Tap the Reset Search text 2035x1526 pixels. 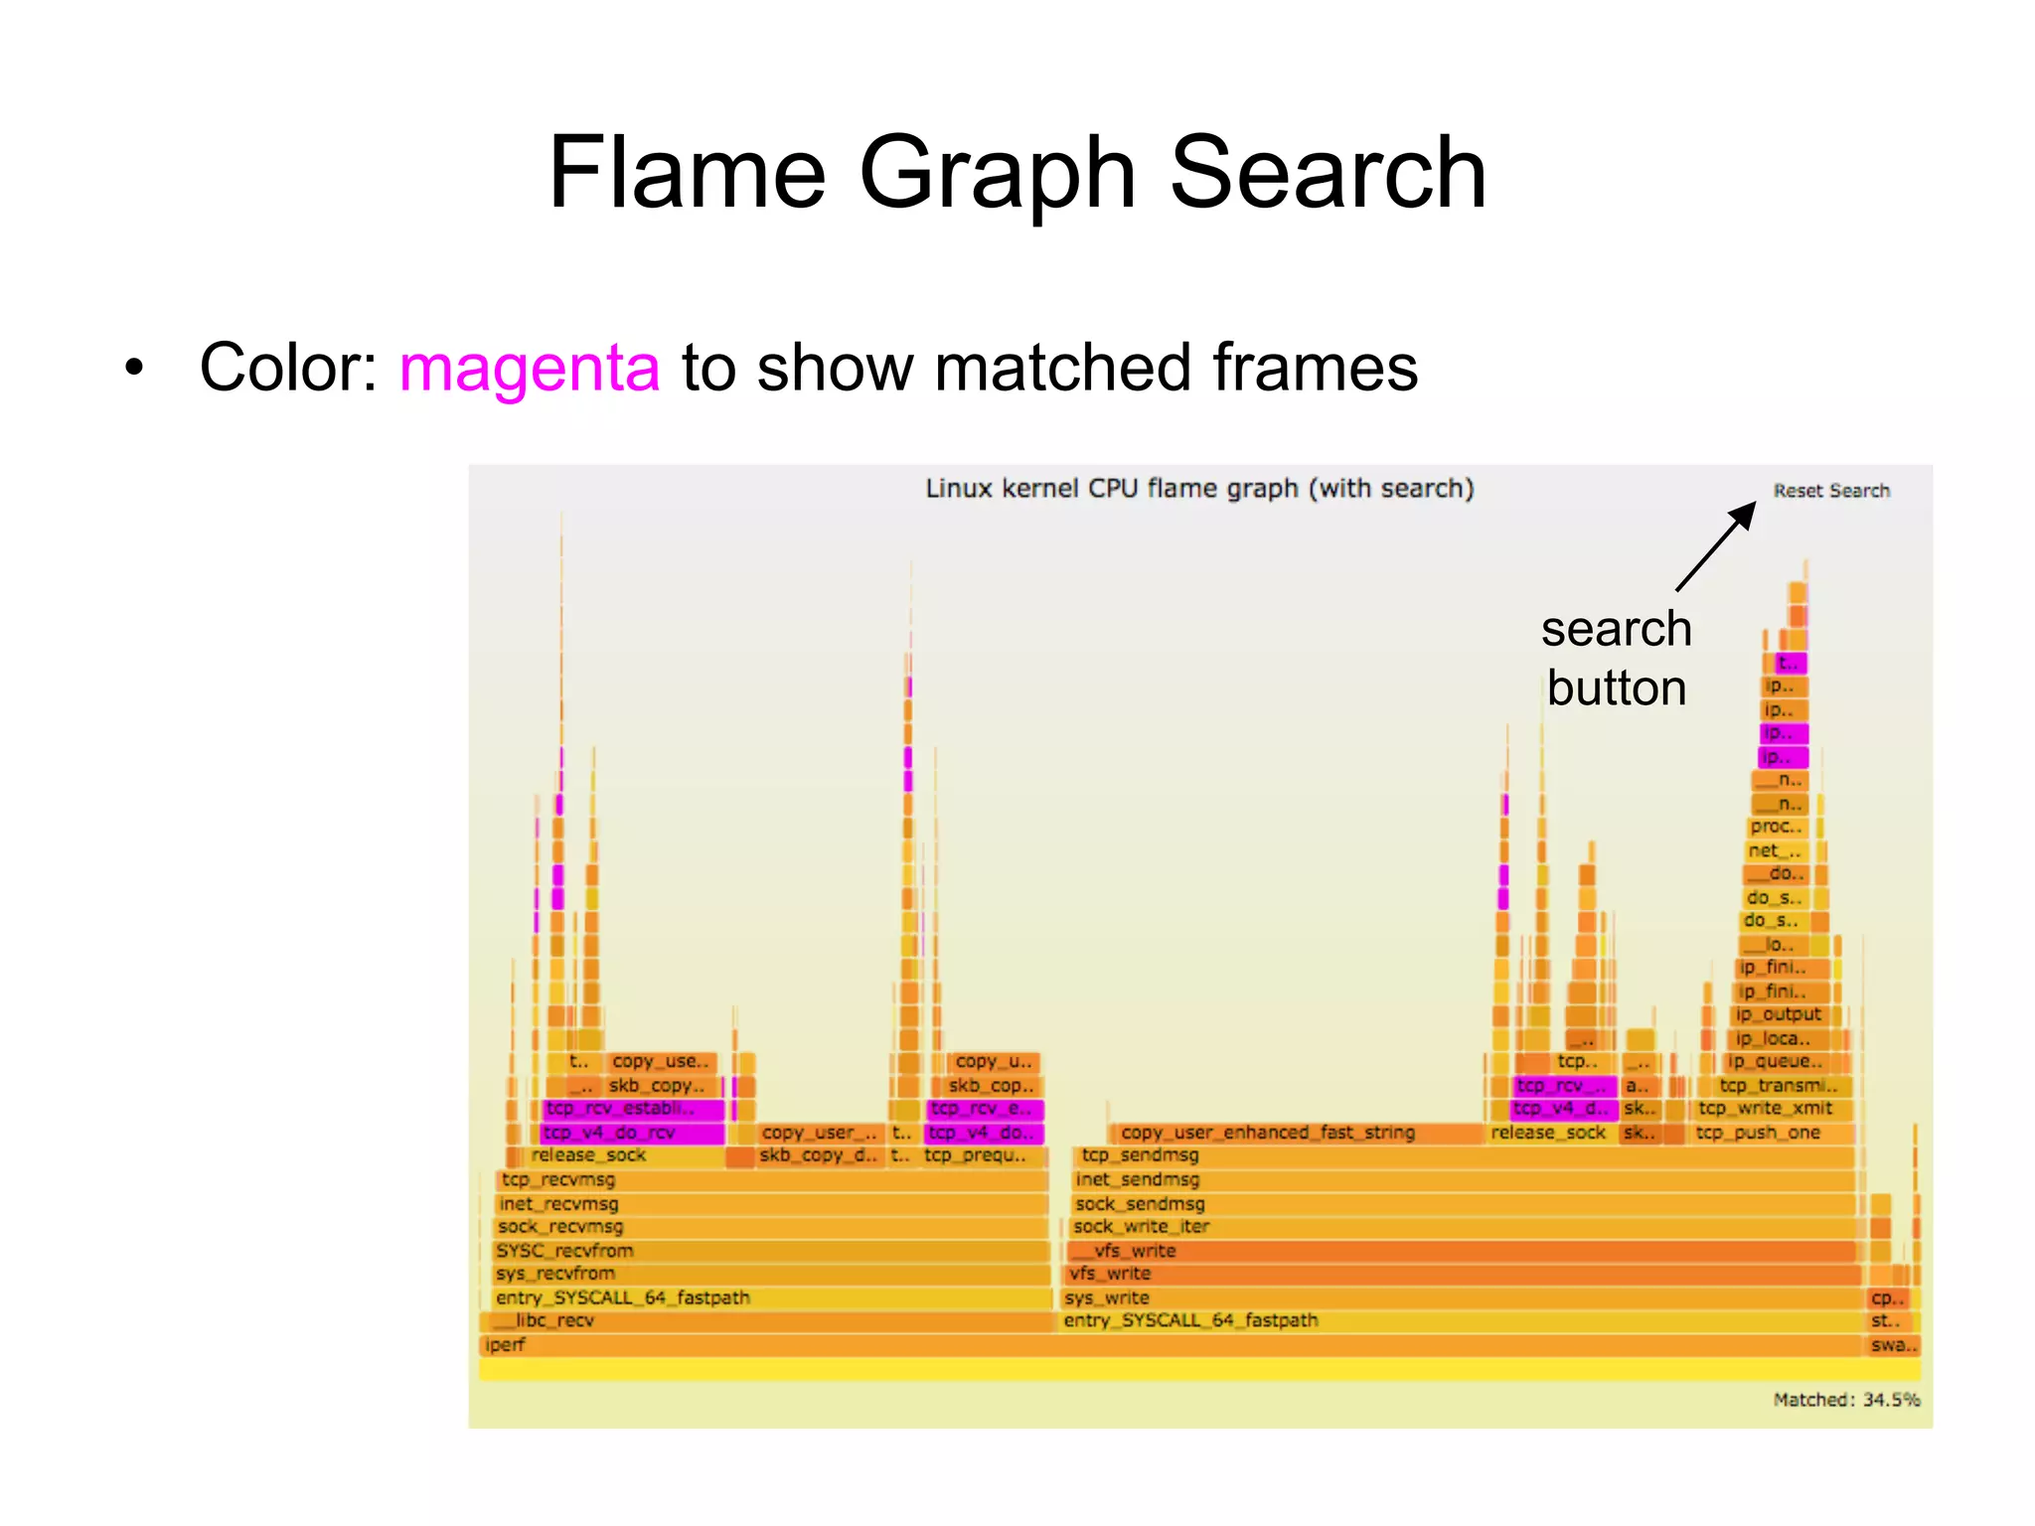tap(1830, 491)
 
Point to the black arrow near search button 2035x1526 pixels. tap(1716, 545)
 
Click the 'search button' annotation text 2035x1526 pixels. tap(1616, 658)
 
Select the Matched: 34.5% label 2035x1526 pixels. tap(1845, 1400)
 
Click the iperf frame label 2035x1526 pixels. tap(505, 1345)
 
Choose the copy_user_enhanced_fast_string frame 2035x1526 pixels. tap(1267, 1133)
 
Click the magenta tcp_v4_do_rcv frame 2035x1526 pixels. tap(632, 1133)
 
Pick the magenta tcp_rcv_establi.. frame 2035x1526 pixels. tap(632, 1109)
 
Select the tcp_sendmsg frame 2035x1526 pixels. tap(1140, 1155)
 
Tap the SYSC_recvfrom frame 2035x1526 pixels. tap(564, 1251)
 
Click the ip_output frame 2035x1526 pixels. tap(1778, 1014)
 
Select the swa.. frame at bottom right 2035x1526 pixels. tap(1893, 1345)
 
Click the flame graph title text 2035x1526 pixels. tap(1199, 489)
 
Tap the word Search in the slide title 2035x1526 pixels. tap(1329, 174)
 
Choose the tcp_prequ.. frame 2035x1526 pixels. tap(974, 1155)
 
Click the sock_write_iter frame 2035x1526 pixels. tap(1141, 1227)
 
